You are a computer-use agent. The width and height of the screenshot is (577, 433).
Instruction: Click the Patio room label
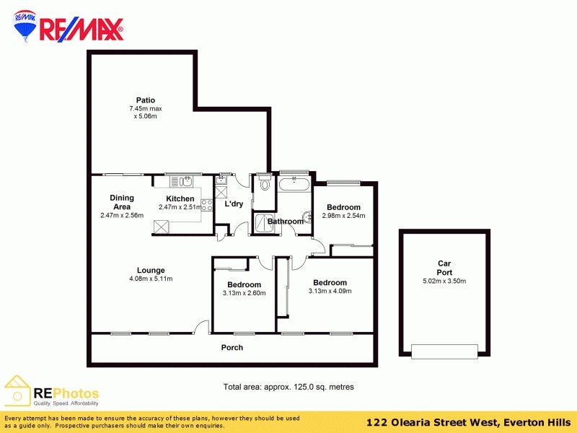[146, 100]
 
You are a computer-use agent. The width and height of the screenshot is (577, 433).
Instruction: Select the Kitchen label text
[180, 199]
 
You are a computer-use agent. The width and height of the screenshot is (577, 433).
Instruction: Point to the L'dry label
[233, 204]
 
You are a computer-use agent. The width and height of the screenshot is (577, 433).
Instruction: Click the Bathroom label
[286, 222]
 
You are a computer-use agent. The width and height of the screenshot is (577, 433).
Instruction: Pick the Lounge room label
[151, 271]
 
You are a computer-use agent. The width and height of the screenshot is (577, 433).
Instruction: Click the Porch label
[232, 348]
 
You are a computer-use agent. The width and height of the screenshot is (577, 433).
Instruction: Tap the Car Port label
[444, 268]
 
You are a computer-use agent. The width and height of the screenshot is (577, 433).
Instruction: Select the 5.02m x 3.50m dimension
[444, 281]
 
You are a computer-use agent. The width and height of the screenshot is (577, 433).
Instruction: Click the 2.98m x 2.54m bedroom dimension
[343, 216]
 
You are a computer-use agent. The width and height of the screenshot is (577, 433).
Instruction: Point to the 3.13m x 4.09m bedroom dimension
[330, 292]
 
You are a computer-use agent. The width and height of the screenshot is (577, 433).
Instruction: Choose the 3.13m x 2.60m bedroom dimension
[244, 293]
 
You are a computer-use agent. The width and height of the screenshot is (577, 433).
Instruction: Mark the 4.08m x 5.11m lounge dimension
[151, 279]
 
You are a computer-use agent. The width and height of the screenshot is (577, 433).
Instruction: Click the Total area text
[288, 388]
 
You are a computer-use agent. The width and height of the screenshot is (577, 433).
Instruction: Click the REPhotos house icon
[17, 391]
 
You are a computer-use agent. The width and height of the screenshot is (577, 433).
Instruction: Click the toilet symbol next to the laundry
[265, 183]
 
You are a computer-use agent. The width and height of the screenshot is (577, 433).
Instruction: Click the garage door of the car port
[444, 351]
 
